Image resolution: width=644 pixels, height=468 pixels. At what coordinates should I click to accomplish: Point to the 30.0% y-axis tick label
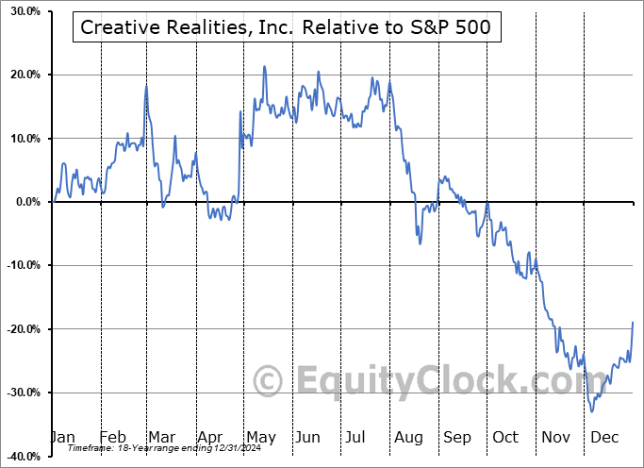point(21,11)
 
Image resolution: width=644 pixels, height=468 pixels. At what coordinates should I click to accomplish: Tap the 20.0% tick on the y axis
point(21,75)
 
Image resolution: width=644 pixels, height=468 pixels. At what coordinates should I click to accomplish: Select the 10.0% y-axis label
point(21,139)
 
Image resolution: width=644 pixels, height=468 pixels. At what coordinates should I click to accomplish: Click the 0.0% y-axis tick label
point(24,202)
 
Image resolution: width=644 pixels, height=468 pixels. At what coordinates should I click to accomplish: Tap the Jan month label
point(61,437)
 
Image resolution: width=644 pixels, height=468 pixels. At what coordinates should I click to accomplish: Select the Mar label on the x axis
point(161,437)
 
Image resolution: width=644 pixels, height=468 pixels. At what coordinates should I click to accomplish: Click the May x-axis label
point(260,437)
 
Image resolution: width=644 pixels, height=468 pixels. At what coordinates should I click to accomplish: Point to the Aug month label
point(409,437)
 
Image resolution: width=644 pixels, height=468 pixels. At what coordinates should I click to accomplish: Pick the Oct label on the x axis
point(506,437)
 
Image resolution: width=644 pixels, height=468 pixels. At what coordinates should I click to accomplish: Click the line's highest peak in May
point(265,67)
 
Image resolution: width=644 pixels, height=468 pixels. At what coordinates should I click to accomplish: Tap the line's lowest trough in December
point(592,410)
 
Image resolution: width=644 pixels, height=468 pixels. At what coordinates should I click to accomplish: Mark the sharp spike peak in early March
point(146,86)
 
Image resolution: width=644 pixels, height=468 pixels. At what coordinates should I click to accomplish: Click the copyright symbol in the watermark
point(270,382)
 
